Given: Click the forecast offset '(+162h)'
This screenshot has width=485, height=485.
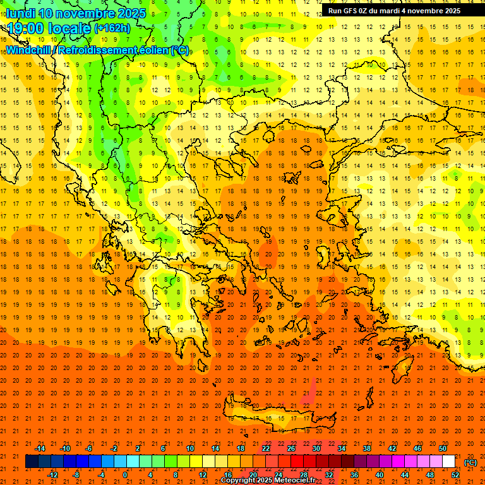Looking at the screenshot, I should pos(112,28).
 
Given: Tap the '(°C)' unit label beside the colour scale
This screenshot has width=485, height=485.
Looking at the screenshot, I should pos(470,462).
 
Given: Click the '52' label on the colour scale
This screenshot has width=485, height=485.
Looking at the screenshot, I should pos(455,475).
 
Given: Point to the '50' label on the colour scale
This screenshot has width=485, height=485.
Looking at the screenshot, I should pos(443,448).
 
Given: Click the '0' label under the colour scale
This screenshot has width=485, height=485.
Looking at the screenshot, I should pos(126,475).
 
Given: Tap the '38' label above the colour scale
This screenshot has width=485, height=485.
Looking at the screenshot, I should pos(367,448).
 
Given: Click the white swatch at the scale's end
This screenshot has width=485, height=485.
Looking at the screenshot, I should pos(449,462).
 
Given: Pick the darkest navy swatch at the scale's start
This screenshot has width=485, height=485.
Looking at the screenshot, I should pos(32,462).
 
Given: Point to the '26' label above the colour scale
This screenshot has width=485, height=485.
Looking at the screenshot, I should pos(291,448).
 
